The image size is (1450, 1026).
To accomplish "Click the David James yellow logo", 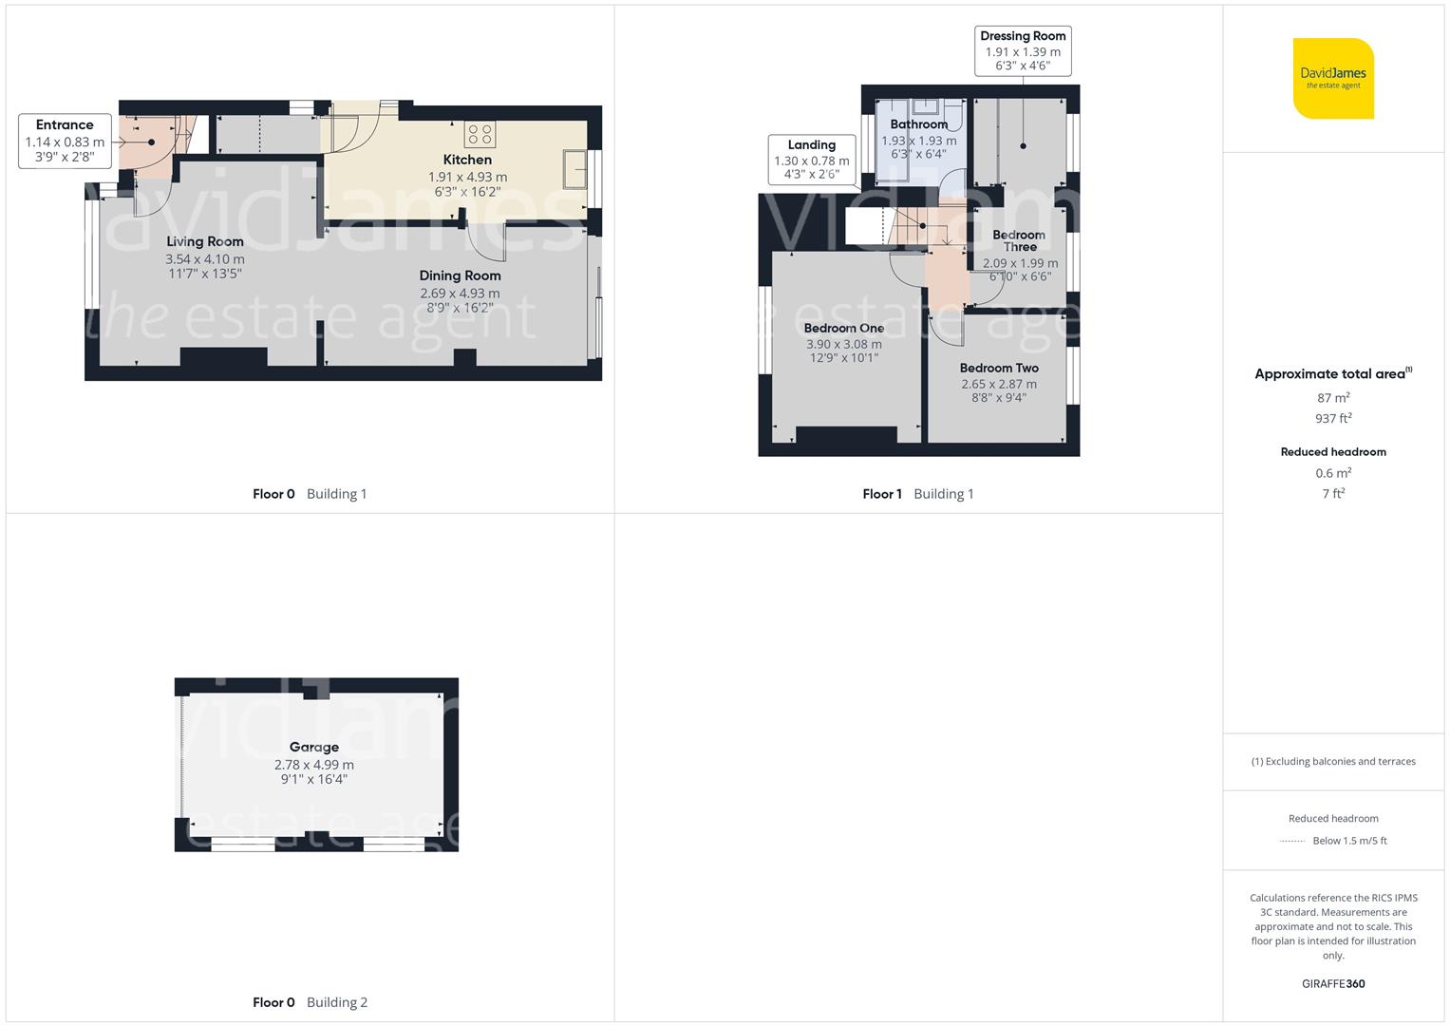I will tap(1333, 79).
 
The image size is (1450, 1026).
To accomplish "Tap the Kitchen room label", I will tap(467, 160).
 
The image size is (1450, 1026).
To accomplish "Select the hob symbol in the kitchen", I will tap(480, 133).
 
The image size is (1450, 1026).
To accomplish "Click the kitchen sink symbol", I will tap(574, 170).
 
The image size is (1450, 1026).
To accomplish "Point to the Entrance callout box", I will tap(65, 141).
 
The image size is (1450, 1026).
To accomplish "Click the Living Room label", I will tap(205, 241).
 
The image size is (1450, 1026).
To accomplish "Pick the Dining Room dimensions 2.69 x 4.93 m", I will tap(460, 294).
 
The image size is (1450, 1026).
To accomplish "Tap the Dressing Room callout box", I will tap(1023, 51).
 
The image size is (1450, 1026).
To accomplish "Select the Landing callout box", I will tap(811, 160).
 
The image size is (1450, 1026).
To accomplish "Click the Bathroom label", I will tap(918, 124).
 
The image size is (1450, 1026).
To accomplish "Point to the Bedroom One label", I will tap(843, 328).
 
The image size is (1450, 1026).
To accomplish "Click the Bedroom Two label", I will tap(999, 368).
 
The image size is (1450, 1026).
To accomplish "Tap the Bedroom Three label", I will tap(1019, 240).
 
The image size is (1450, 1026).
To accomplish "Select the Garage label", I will tap(314, 747).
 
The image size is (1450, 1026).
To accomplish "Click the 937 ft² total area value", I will tap(1333, 418).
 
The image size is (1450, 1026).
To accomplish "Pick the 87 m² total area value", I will tap(1333, 398).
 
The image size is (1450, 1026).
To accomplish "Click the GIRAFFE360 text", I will tap(1333, 983).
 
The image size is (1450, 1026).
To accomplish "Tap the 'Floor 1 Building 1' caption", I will tap(917, 494).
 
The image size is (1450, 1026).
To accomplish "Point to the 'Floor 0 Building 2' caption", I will tap(310, 1002).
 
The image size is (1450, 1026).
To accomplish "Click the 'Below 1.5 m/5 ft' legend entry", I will tap(1348, 841).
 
